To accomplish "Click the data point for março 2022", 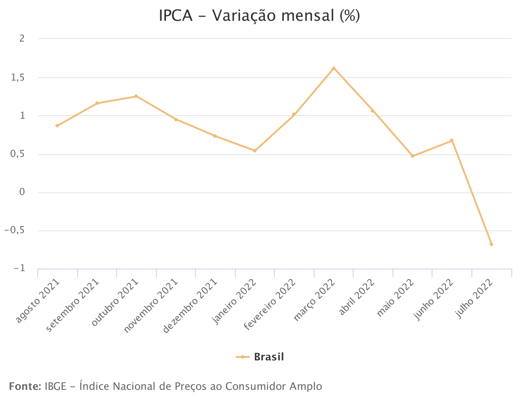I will click(x=333, y=68).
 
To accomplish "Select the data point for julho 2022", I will click(x=491, y=244).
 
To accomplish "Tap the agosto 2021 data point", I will click(x=57, y=126).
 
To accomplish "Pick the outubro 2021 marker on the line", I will click(x=136, y=96).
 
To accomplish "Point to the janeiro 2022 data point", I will click(x=255, y=151).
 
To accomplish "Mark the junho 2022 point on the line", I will click(x=452, y=140).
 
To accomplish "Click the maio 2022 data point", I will click(x=412, y=156).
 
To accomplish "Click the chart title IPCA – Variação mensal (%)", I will click(x=260, y=16).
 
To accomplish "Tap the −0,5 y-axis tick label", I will click(x=14, y=231).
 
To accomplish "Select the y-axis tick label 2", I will click(x=22, y=39).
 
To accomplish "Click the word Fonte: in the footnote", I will click(x=25, y=386).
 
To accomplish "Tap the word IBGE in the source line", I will click(x=55, y=386).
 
